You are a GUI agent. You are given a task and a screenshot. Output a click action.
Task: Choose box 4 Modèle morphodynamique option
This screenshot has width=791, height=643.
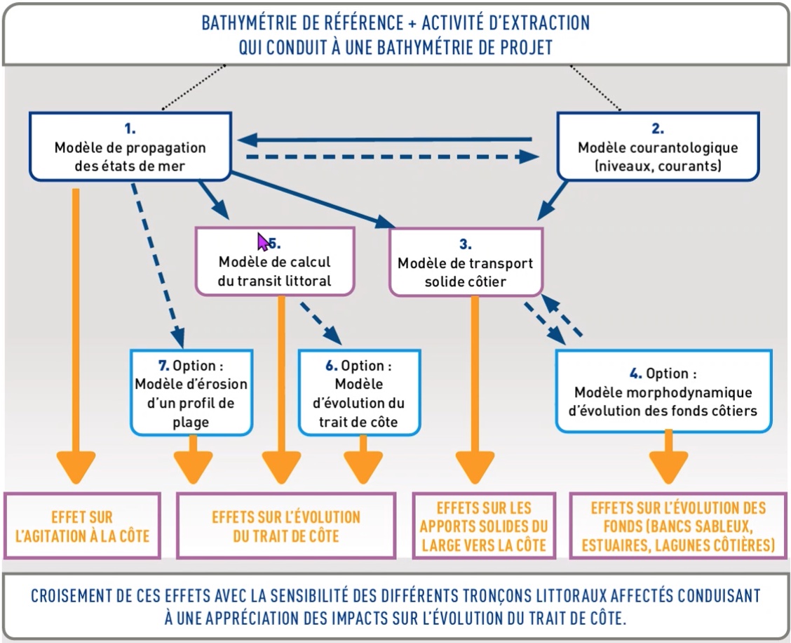[665, 391]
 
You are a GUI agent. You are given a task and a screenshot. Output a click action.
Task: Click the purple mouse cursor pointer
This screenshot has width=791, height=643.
[262, 241]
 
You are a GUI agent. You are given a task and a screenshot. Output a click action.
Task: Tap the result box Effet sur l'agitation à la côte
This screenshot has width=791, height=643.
[82, 525]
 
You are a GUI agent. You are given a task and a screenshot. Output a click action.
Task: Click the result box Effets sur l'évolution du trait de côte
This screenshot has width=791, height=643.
[285, 526]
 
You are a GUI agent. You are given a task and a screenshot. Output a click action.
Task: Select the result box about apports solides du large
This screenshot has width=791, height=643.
[484, 526]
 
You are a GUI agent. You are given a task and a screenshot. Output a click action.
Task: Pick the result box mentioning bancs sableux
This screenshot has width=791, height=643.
[677, 526]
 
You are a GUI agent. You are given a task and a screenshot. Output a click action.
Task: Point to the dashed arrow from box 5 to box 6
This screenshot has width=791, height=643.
[321, 324]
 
